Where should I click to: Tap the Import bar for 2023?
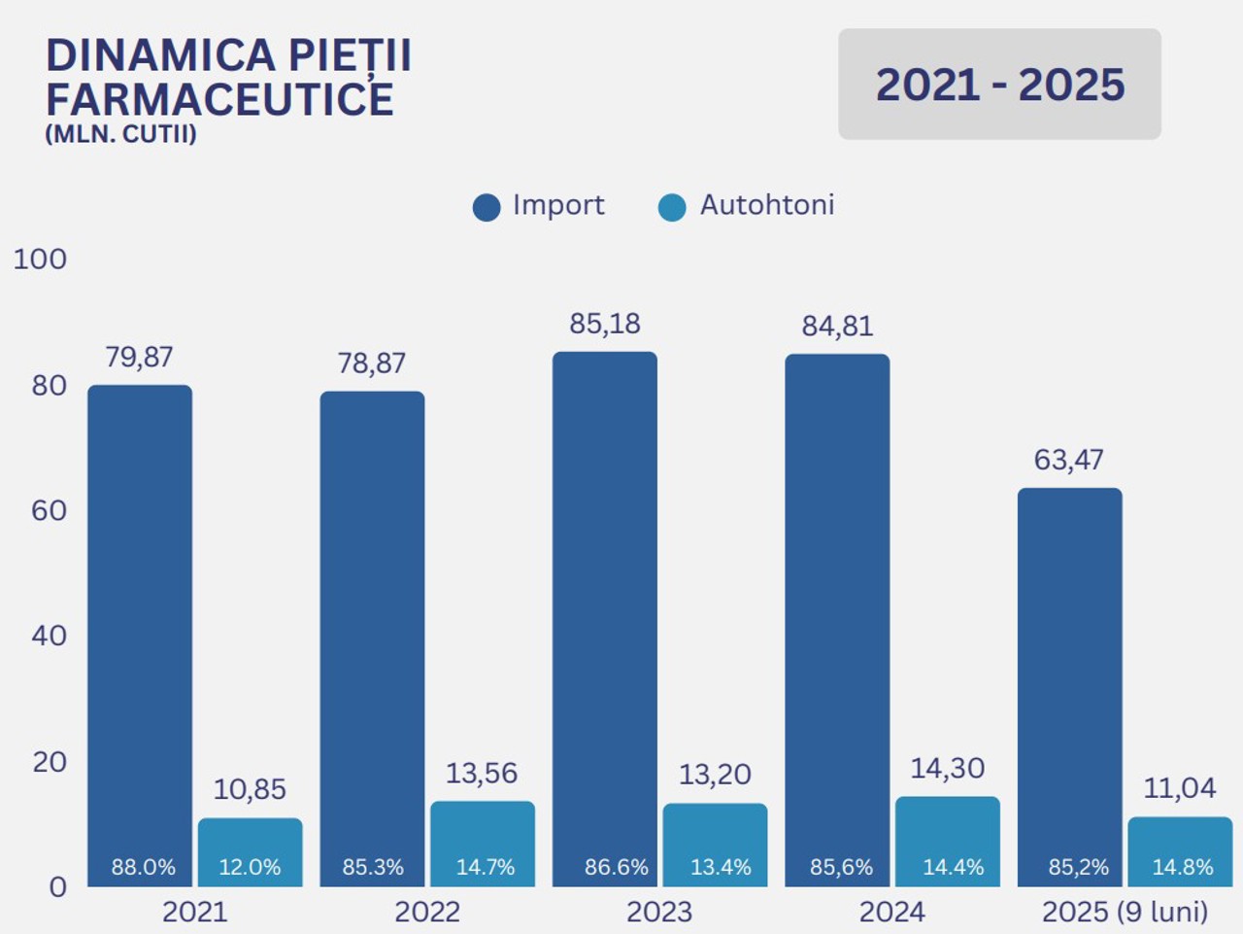tap(604, 612)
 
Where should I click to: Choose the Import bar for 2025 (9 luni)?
tap(1069, 680)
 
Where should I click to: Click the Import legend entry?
tap(539, 206)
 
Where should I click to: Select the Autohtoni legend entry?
tap(746, 206)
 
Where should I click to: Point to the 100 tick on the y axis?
tap(40, 259)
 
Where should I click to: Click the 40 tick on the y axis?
tap(49, 636)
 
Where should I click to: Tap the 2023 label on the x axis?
tap(659, 913)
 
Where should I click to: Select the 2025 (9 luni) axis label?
tap(1125, 913)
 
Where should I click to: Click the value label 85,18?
tap(605, 324)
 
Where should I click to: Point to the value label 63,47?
tap(1068, 460)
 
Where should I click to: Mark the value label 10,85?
tap(250, 789)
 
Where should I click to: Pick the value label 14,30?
tap(947, 769)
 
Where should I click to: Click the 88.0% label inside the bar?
tap(143, 867)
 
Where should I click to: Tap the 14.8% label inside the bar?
tap(1182, 867)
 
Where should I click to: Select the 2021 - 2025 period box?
tap(999, 85)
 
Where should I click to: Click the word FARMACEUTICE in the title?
tap(219, 100)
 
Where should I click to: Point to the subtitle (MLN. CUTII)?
tap(120, 134)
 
